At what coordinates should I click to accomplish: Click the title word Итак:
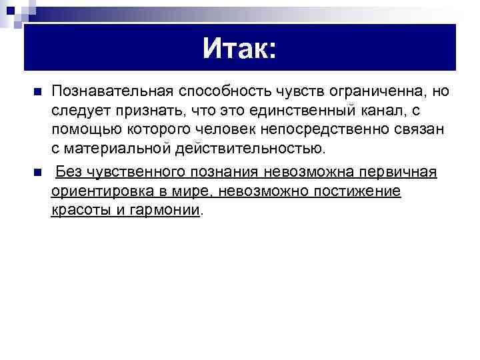[x=239, y=48]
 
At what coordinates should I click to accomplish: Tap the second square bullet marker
[x=37, y=173]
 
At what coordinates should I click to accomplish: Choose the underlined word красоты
[x=77, y=211]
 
